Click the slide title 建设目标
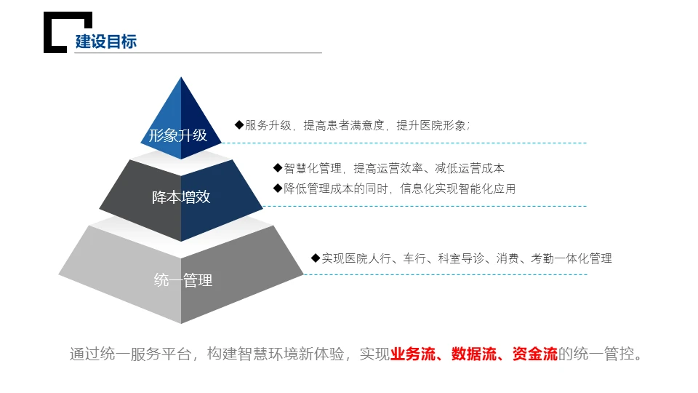106,41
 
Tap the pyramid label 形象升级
178,135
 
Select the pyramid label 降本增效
181,196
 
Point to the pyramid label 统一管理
183,280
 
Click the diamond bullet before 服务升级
239,124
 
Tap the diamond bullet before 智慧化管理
278,167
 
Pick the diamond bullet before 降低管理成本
278,188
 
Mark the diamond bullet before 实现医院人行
316,258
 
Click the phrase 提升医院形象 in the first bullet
431,125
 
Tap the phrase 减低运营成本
470,168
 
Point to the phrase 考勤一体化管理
571,258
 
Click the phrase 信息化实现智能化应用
458,188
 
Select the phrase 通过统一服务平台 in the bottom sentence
130,354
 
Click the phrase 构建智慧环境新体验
276,354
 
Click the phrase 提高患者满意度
344,125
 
